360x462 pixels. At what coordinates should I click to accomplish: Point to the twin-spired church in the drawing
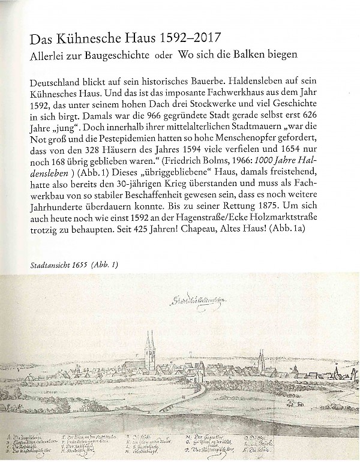(x=149, y=351)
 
